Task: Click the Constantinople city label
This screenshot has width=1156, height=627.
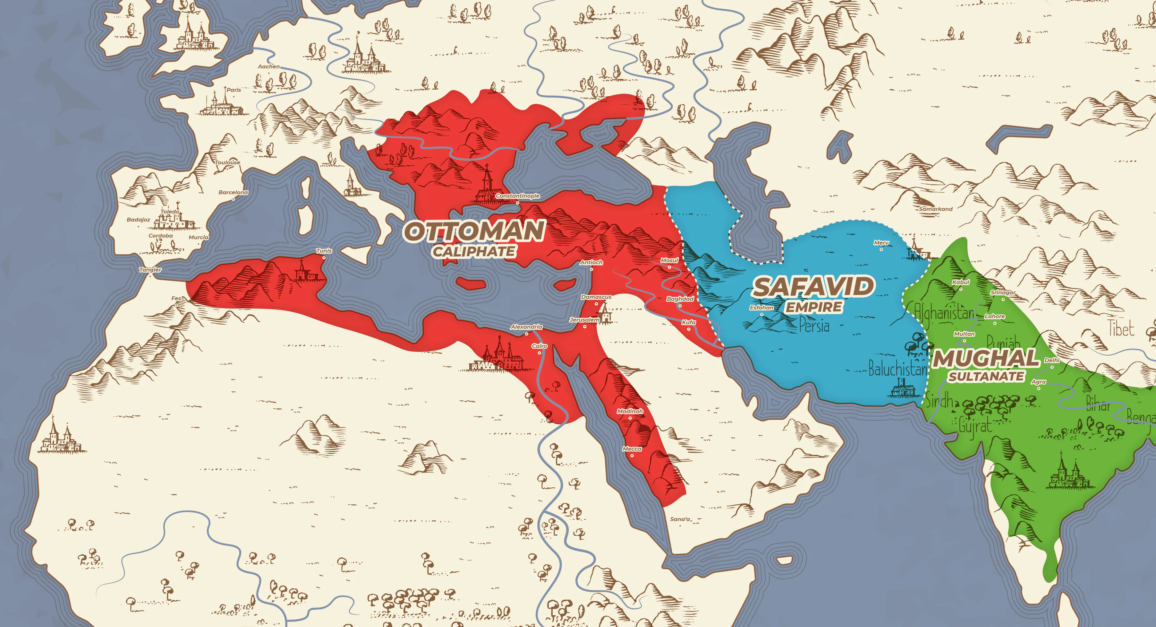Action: pos(517,196)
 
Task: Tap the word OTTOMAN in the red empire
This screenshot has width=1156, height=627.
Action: pos(474,231)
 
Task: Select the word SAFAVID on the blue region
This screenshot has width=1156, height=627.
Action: pos(813,287)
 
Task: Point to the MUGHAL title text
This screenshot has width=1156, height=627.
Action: pos(986,358)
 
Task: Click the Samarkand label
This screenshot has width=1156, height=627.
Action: pos(935,209)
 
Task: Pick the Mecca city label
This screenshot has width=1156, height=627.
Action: pos(632,449)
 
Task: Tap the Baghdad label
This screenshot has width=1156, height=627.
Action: pos(680,299)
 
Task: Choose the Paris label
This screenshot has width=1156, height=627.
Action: pos(234,90)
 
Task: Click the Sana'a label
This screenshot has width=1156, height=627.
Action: pos(680,519)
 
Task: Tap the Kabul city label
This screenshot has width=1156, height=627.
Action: pos(961,282)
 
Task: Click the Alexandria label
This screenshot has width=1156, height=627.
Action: pos(526,327)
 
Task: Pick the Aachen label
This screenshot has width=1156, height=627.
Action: pos(268,66)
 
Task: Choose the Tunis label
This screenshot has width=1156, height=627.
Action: pos(324,251)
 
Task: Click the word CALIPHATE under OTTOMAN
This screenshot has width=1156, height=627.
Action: pos(474,251)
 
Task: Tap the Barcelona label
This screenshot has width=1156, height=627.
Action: pos(233,192)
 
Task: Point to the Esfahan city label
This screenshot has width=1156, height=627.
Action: pos(761,308)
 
